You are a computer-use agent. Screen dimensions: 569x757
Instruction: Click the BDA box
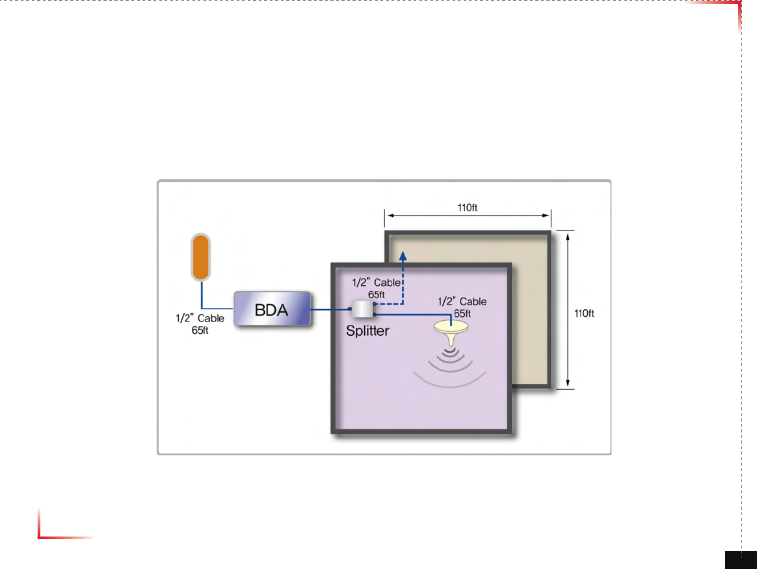271,310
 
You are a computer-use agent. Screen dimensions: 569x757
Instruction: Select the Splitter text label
367,331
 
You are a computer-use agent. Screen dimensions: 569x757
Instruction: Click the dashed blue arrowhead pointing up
403,256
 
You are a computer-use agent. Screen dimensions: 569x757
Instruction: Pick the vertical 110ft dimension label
584,313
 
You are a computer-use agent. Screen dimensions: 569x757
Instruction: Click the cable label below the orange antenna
200,323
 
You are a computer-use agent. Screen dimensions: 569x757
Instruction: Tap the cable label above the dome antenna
462,307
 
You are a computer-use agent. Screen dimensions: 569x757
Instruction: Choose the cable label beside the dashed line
376,288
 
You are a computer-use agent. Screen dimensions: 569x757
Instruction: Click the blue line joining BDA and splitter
330,310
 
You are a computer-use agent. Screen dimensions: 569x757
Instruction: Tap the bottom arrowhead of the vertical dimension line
568,385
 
